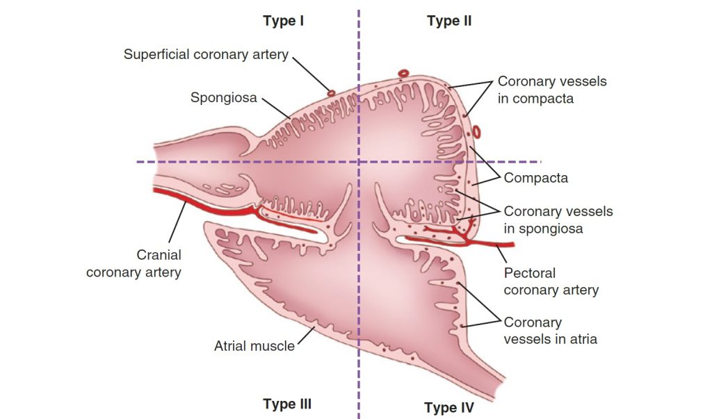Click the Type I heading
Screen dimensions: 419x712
click(x=284, y=21)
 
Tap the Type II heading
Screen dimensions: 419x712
click(x=449, y=21)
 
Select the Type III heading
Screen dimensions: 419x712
click(x=287, y=404)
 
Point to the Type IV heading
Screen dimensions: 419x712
click(x=449, y=407)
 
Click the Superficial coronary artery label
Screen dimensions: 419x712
click(x=206, y=54)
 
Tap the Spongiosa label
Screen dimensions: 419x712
click(x=224, y=98)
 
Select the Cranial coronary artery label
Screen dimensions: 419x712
click(x=133, y=263)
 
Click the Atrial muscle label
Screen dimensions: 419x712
click(x=254, y=345)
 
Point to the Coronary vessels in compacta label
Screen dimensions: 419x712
click(x=551, y=90)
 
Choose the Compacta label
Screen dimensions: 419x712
click(x=535, y=178)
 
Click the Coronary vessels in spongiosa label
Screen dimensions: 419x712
click(x=558, y=219)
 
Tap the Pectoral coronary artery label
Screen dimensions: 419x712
click(x=551, y=281)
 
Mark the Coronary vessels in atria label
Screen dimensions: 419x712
click(x=550, y=331)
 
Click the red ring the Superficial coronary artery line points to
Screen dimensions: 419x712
click(x=331, y=92)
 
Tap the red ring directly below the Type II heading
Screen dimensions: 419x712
click(x=403, y=72)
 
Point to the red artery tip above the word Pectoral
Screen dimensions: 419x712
click(x=508, y=245)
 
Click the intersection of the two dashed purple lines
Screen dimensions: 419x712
click(x=359, y=162)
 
